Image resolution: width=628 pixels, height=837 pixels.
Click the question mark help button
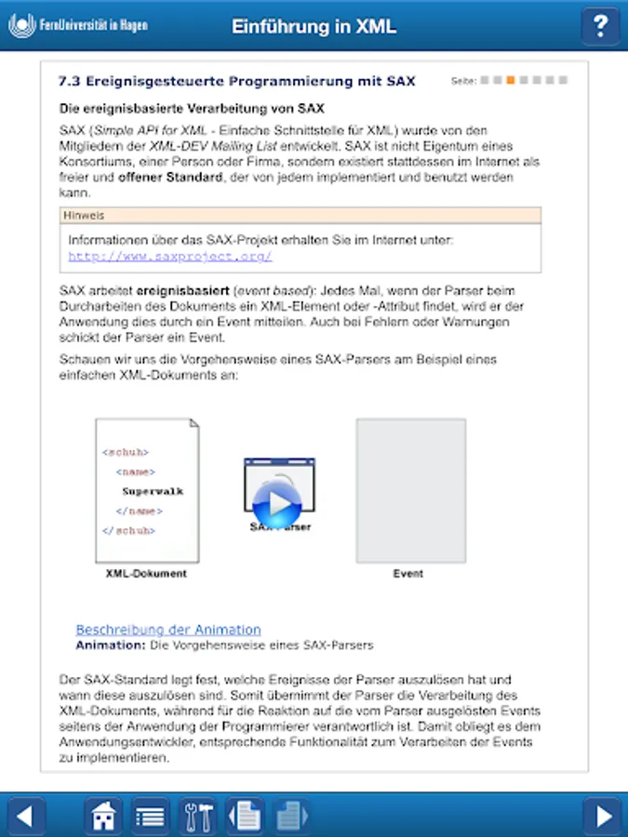601,26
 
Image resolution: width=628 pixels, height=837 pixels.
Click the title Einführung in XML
314,26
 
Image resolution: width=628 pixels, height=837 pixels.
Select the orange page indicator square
510,80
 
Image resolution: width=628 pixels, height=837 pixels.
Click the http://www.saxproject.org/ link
170,256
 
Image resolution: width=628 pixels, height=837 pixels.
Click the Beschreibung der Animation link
168,630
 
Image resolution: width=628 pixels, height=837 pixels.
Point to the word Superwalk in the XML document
153,491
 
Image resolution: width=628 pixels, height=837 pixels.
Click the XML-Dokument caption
146,574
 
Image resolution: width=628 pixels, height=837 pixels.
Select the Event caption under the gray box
408,574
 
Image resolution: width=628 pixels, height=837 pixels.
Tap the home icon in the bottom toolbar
104,816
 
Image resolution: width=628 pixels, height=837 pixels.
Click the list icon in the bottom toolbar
150,816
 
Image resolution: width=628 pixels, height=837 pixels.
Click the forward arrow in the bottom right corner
604,816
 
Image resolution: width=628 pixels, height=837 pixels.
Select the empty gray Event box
410,490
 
